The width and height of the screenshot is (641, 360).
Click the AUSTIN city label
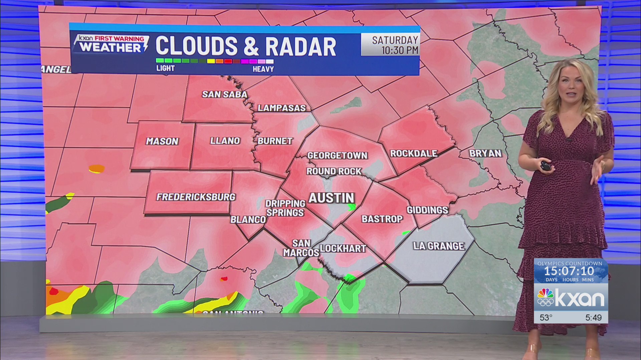(331, 198)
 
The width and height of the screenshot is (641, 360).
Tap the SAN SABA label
(224, 95)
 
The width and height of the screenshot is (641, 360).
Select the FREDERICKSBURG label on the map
(196, 197)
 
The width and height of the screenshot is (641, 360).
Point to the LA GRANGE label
(439, 246)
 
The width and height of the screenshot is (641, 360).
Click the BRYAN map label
(485, 153)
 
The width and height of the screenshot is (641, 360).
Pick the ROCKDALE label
(414, 153)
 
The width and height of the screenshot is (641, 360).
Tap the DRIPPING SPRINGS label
(285, 208)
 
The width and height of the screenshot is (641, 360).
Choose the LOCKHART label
(343, 249)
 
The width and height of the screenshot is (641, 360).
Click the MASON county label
(162, 141)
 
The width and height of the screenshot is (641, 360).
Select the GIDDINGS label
(427, 210)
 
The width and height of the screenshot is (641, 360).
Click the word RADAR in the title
(300, 47)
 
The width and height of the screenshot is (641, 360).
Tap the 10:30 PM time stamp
(400, 51)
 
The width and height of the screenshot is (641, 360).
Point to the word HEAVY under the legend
(263, 69)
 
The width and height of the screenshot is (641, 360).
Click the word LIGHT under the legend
(166, 68)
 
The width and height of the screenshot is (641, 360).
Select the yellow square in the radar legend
(211, 61)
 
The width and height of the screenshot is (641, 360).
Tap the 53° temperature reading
(546, 318)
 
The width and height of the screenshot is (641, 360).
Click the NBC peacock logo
(545, 297)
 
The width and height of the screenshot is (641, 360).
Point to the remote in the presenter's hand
(546, 165)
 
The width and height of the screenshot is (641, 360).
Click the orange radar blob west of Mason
(97, 169)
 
